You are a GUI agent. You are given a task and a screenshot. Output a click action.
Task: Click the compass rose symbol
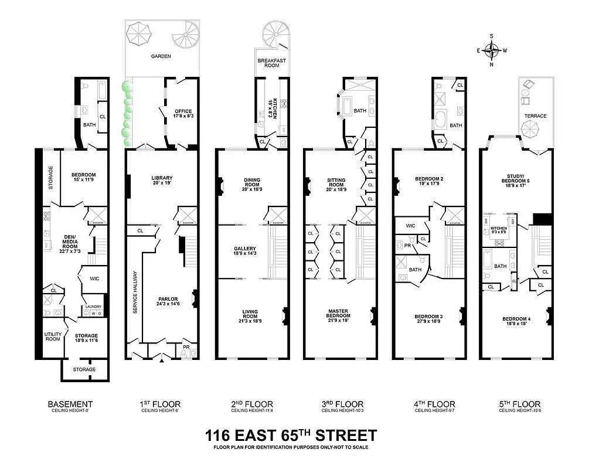pos(492,50)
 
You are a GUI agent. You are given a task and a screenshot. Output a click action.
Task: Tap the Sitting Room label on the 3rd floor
pos(339,183)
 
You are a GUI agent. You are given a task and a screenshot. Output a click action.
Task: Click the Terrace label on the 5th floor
pos(535,116)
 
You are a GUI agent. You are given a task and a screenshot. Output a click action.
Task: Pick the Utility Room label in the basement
pos(53,337)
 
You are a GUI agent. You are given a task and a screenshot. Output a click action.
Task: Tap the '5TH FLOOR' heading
pos(519,405)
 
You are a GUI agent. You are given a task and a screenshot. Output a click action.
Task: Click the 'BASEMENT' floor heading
pos(70,405)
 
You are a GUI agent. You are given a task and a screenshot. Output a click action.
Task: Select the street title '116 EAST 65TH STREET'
pos(290,436)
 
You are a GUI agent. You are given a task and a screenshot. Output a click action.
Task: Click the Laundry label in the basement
pos(94,307)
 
